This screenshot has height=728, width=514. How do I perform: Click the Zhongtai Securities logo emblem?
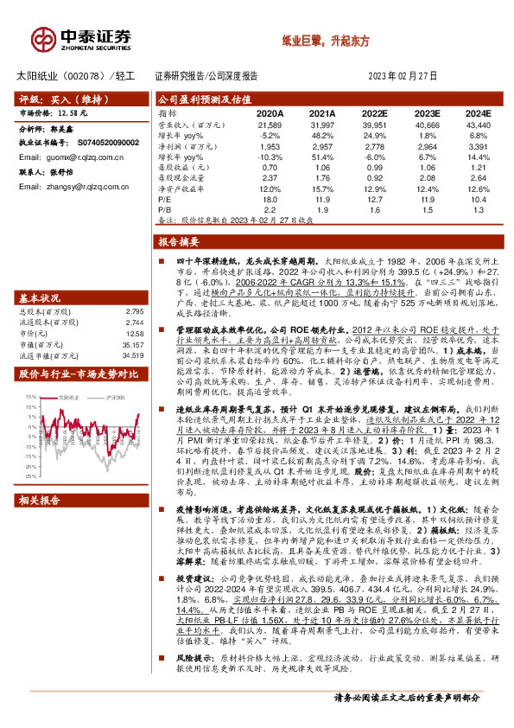[x=43, y=37]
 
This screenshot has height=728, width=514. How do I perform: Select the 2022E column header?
[x=374, y=113]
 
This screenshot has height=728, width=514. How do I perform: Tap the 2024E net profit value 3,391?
[x=475, y=148]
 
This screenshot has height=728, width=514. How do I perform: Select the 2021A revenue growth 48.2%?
[x=322, y=137]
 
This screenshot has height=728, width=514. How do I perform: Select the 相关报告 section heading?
[x=40, y=524]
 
